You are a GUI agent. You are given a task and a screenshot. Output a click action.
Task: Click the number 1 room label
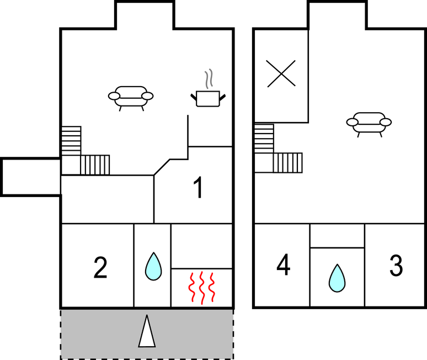198,188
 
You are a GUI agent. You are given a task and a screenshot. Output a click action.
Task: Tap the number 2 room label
100,268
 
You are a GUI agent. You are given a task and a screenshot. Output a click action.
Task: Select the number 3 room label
396,265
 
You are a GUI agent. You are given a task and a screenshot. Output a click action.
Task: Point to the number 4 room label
284,264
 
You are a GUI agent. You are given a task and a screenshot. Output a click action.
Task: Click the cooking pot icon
208,98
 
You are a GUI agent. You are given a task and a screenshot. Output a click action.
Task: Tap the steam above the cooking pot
209,79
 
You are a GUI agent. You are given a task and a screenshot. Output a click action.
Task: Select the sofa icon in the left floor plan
131,98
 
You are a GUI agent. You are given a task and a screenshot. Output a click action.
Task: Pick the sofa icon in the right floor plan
369,124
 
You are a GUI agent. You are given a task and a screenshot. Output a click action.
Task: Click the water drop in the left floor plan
153,266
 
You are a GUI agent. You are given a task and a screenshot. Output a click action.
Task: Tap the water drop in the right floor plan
337,278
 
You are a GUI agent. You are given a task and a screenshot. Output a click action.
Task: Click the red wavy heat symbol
202,288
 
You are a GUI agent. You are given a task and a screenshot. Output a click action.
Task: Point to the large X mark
281,73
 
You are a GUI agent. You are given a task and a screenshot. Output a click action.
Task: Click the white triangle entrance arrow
147,331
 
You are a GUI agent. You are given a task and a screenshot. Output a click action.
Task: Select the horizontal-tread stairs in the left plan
71,141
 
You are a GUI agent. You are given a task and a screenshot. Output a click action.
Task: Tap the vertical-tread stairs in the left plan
95,165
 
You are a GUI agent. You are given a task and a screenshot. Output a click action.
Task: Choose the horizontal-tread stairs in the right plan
264,139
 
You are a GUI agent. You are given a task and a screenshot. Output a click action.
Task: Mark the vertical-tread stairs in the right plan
287,163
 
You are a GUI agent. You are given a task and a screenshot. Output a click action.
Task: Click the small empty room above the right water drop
337,236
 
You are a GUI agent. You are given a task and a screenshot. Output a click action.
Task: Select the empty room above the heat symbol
201,246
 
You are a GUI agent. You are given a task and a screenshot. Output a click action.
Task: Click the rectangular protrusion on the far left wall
31,177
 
